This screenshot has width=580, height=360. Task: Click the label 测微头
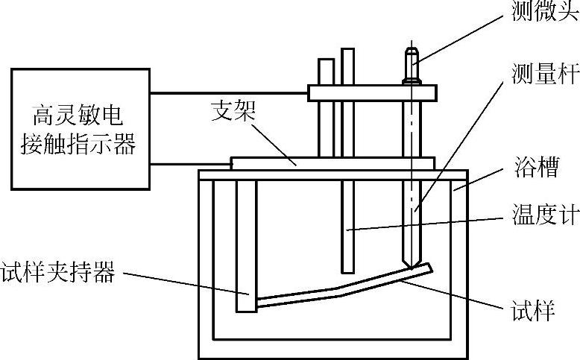(545, 13)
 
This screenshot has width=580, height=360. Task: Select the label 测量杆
(545, 75)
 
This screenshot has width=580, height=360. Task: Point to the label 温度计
(545, 218)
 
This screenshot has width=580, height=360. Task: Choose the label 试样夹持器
(58, 274)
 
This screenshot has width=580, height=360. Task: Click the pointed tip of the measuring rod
(410, 265)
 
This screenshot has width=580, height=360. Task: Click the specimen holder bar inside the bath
(246, 246)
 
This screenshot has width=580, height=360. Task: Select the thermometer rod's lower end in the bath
(347, 265)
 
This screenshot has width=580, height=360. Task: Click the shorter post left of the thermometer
(326, 71)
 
